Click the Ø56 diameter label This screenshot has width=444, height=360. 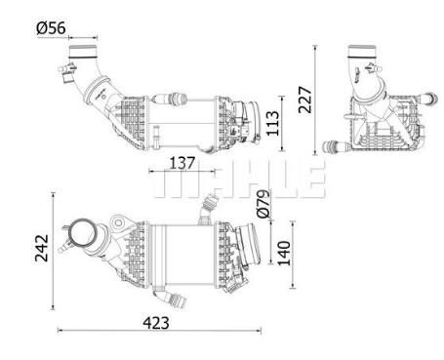pyautogui.click(x=51, y=28)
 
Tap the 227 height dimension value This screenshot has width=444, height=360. pyautogui.click(x=305, y=100)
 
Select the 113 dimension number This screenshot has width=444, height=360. pyautogui.click(x=272, y=123)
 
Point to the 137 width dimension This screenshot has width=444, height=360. pyautogui.click(x=182, y=163)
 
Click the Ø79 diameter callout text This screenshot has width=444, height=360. pyautogui.click(x=263, y=204)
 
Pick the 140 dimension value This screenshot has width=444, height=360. pyautogui.click(x=284, y=253)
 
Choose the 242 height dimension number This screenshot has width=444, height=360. pyautogui.click(x=42, y=248)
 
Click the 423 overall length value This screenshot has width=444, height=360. pyautogui.click(x=156, y=323)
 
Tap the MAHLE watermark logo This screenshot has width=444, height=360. pyautogui.click(x=240, y=179)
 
